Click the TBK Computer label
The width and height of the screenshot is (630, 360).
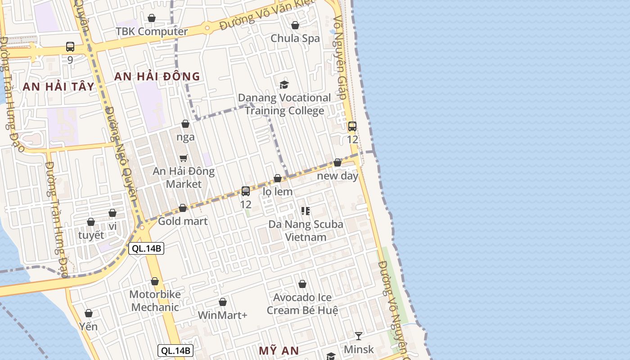[x=152, y=31]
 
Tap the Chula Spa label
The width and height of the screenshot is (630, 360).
[x=295, y=38]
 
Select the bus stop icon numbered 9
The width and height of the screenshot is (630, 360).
[x=70, y=47]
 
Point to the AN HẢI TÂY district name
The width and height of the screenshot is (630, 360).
[x=58, y=87]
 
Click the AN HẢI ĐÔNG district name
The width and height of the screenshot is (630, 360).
[x=157, y=76]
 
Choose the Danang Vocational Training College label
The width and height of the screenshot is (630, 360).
[x=284, y=104]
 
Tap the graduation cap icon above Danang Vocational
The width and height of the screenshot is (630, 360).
[x=284, y=85]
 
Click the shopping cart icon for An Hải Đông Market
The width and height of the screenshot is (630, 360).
[x=184, y=158]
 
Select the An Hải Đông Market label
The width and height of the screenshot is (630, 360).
[x=184, y=178]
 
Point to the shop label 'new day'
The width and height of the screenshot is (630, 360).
[x=337, y=175]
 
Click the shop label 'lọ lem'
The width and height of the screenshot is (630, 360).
[x=278, y=192]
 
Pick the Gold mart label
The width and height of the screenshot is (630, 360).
[x=183, y=221]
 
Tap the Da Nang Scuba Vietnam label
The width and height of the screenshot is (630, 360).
[x=306, y=230]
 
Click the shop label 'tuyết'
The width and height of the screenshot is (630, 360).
[x=91, y=235]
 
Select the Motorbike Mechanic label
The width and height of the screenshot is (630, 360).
[x=155, y=301]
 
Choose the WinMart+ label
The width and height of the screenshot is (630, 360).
[x=223, y=315]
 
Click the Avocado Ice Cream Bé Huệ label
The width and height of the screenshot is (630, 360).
[x=302, y=304]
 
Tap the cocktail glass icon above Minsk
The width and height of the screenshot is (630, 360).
[x=359, y=336]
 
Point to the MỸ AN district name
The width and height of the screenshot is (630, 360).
[x=279, y=350]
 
